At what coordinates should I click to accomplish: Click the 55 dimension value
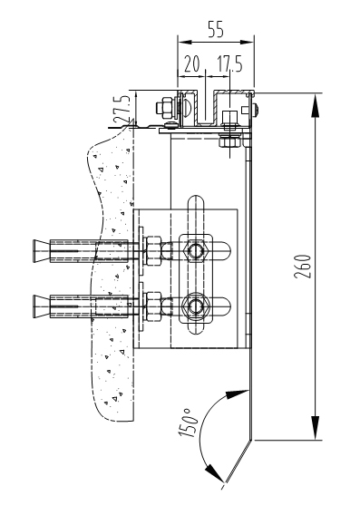(216, 29)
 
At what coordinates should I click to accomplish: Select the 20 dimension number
(192, 63)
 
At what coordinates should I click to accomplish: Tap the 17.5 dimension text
(230, 63)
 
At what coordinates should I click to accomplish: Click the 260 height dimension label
(302, 267)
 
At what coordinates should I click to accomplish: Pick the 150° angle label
(189, 423)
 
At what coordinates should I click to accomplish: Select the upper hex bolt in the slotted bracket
(196, 251)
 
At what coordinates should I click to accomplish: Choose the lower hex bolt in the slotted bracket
(196, 306)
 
